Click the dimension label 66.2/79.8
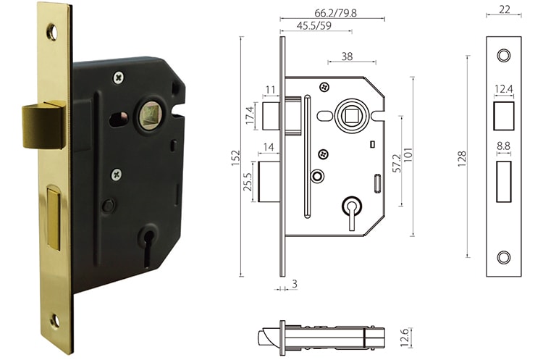point(331,12)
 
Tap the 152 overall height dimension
point(236,157)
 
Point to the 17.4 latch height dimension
point(250,116)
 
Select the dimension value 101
point(408,157)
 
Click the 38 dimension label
point(347,55)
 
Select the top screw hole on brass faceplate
point(51,32)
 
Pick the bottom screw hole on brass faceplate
point(55,319)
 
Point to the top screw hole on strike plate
point(503,56)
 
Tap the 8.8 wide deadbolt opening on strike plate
point(503,176)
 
